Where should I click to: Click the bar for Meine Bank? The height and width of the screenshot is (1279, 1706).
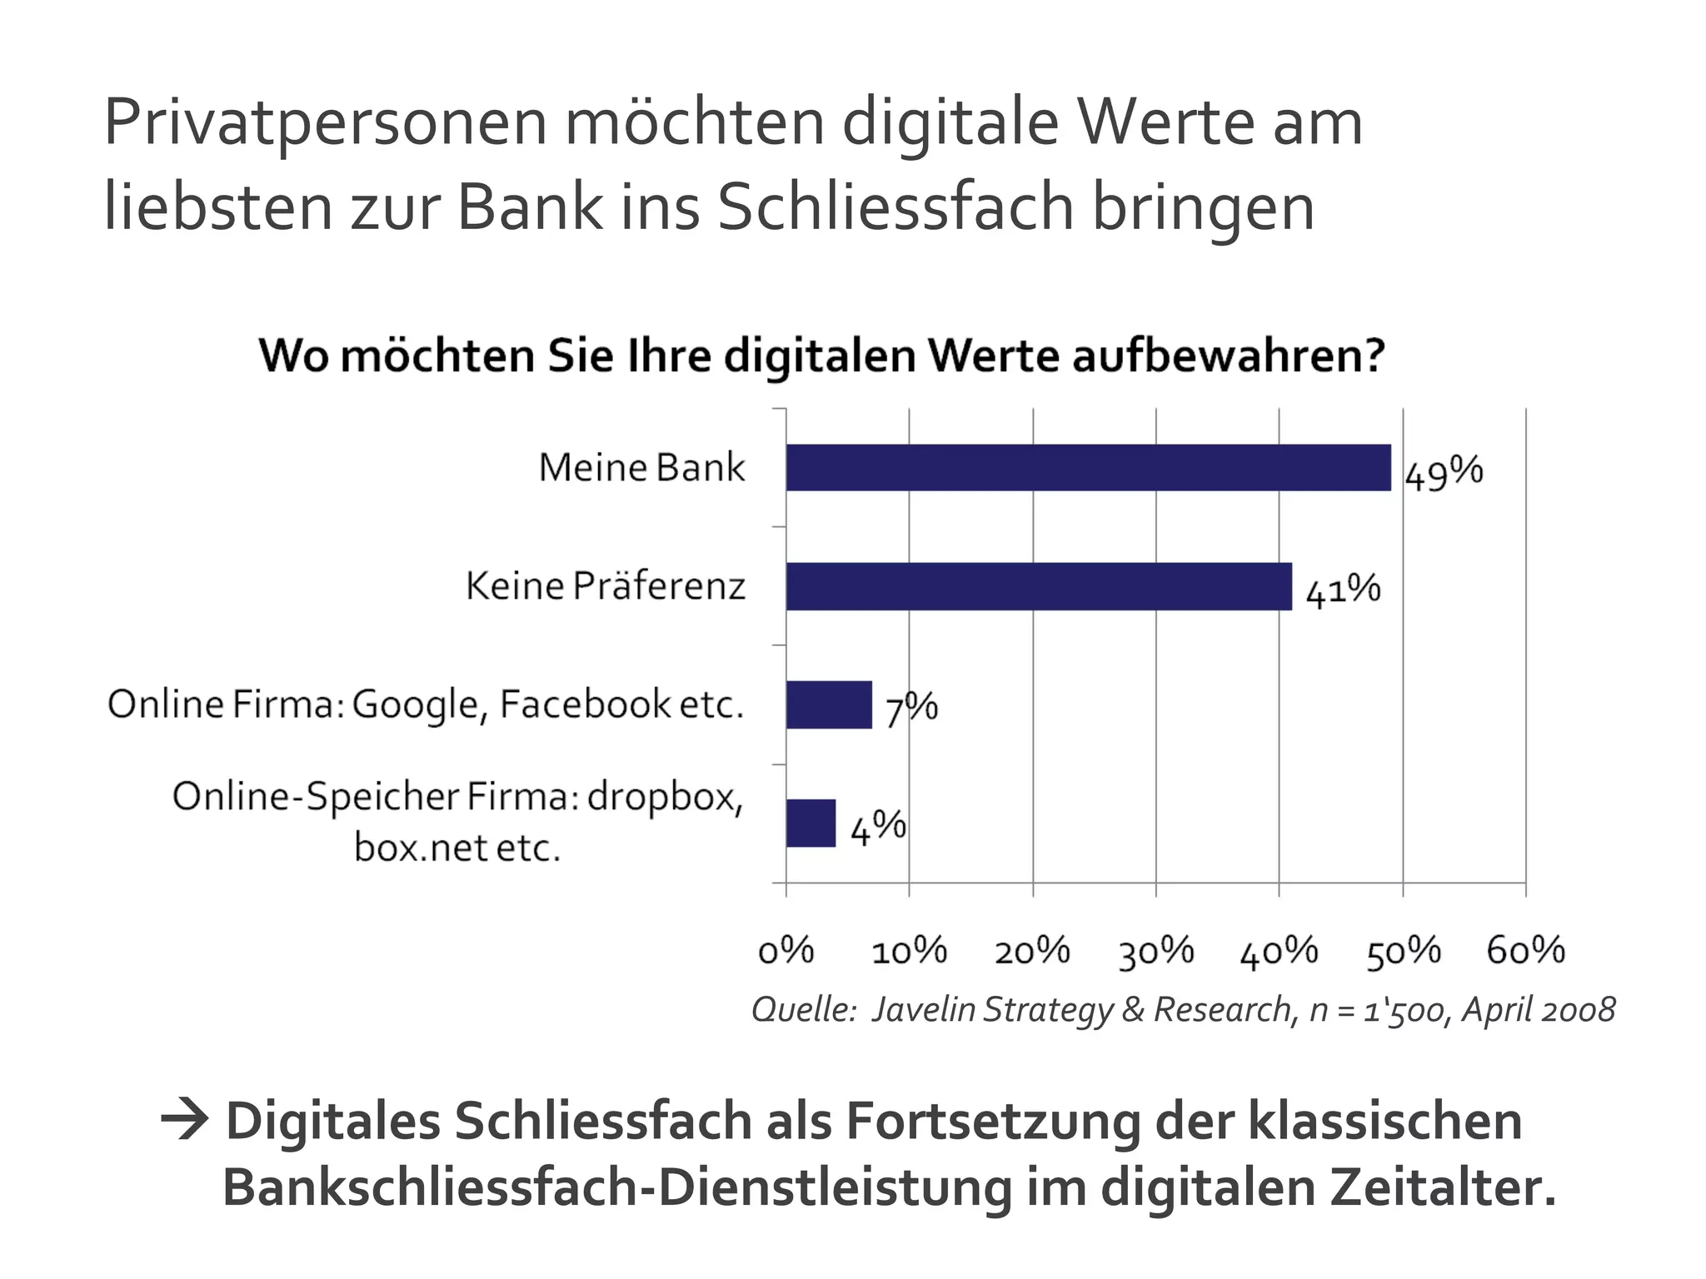[1087, 467]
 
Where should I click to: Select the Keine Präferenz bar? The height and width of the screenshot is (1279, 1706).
[1038, 586]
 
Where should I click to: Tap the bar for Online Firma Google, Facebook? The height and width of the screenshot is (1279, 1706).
[829, 704]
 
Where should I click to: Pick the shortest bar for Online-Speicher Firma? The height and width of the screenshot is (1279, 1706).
[811, 823]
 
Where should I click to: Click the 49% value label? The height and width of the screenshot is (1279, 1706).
[1444, 473]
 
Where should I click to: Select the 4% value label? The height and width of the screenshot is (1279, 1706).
[878, 828]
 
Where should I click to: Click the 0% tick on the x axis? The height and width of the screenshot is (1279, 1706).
[786, 951]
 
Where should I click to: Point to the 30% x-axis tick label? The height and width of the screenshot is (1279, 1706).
[1156, 951]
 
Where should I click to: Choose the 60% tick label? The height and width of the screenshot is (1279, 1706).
[1526, 951]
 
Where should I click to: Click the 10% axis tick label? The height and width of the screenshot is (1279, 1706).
[909, 951]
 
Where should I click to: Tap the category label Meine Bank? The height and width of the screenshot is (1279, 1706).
[641, 467]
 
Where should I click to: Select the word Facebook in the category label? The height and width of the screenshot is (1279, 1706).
[585, 704]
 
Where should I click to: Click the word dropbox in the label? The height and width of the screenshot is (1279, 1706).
[665, 798]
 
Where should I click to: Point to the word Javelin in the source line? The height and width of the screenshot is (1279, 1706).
[924, 1010]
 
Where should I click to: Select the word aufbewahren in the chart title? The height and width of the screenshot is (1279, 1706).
[1227, 356]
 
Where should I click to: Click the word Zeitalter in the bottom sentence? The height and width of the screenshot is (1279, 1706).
[1442, 1187]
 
